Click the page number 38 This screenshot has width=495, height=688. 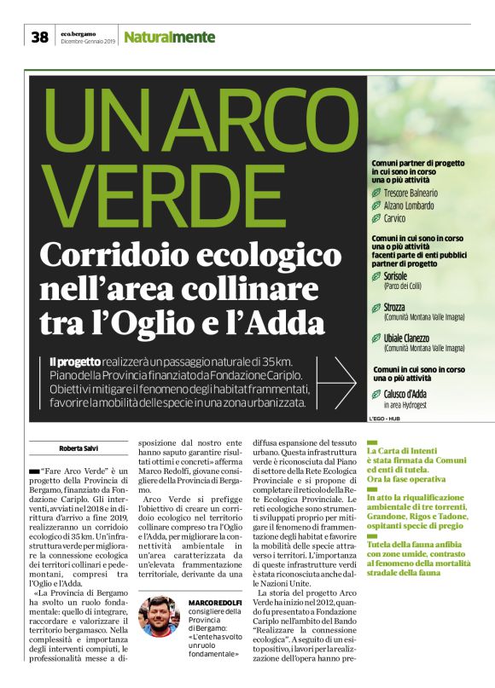(39, 37)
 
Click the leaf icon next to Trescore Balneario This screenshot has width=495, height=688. (376, 194)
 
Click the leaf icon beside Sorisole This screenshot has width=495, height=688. (376, 277)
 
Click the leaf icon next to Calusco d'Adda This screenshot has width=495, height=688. (376, 394)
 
